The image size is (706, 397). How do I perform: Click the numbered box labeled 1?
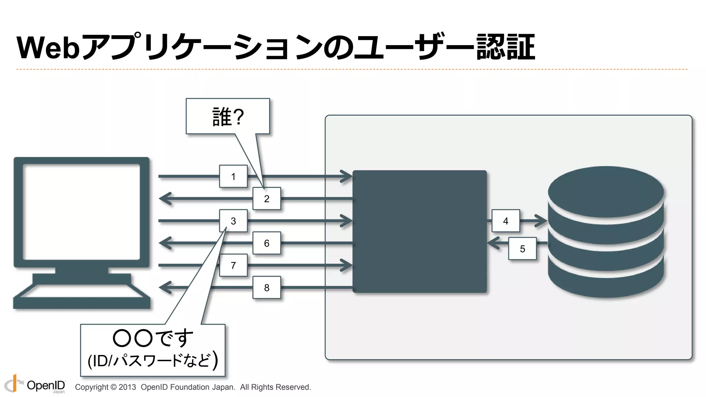click(x=233, y=176)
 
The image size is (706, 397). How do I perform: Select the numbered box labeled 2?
click(x=266, y=198)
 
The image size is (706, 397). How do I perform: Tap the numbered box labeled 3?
click(x=233, y=221)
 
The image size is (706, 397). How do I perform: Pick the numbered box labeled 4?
click(x=505, y=221)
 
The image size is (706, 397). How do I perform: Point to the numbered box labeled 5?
click(x=522, y=248)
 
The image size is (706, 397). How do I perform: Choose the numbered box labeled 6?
click(x=266, y=243)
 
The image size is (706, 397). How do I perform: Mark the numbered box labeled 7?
click(x=233, y=265)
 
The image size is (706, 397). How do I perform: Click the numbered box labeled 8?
click(x=266, y=287)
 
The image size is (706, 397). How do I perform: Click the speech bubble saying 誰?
click(x=228, y=116)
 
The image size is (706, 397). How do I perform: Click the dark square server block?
click(x=420, y=232)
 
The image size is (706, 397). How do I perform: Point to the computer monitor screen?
click(x=81, y=212)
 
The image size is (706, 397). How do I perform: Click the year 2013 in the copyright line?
click(x=127, y=387)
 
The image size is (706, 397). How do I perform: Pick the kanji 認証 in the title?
click(x=505, y=48)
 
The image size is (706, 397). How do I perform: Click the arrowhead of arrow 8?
click(x=165, y=287)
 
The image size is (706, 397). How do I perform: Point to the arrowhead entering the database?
click(x=541, y=221)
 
